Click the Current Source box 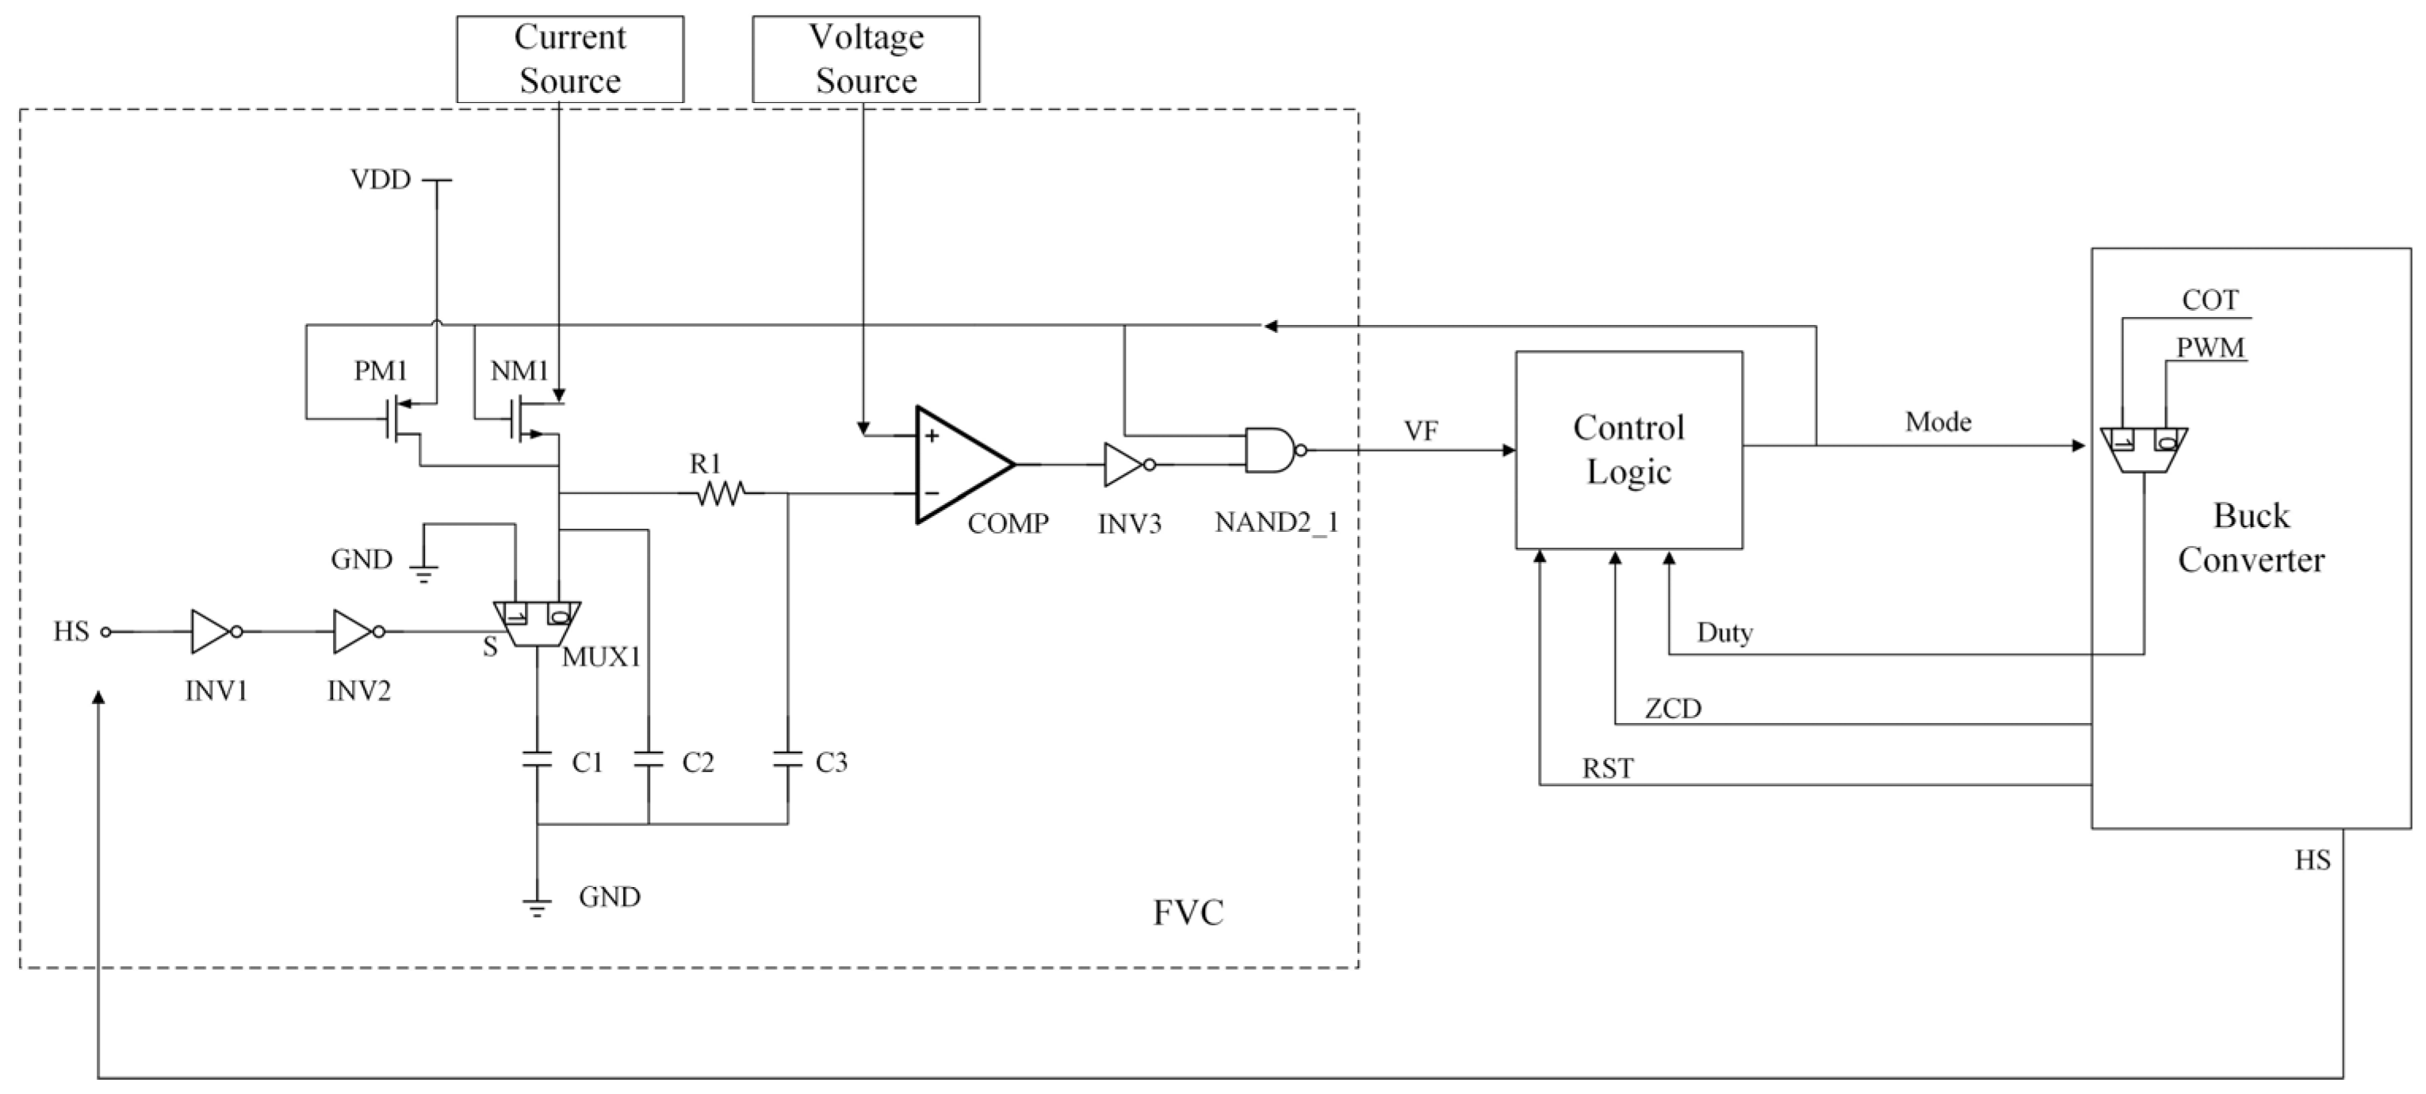coord(570,59)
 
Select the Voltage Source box coord(866,59)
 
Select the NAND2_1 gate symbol coord(1270,450)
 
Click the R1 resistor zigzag coord(721,492)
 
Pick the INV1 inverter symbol coord(212,632)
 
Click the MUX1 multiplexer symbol coord(537,624)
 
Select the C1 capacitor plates coord(537,759)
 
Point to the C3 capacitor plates coord(787,759)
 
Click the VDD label coord(381,179)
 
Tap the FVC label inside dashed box coord(1188,912)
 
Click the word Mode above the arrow coord(1938,422)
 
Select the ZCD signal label coord(1673,708)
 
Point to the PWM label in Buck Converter coord(2210,347)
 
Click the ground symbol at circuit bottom coord(537,907)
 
